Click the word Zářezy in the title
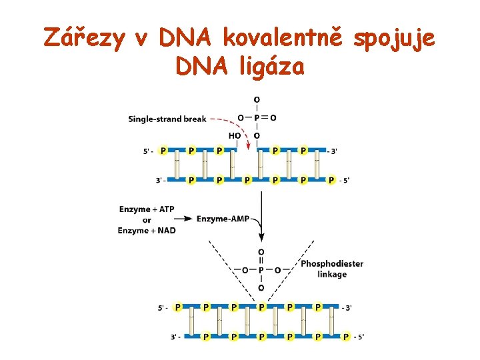pyautogui.click(x=85, y=38)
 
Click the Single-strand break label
pyautogui.click(x=167, y=119)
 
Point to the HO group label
pyautogui.click(x=235, y=135)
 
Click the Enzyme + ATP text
pyautogui.click(x=147, y=209)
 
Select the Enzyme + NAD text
pyautogui.click(x=147, y=231)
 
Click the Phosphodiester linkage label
pyautogui.click(x=332, y=269)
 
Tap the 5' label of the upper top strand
pyautogui.click(x=148, y=151)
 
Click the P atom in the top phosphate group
pyautogui.click(x=257, y=118)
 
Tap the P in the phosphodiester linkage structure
pyautogui.click(x=261, y=271)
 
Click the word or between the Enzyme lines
pyautogui.click(x=147, y=220)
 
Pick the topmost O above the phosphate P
pyautogui.click(x=257, y=100)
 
